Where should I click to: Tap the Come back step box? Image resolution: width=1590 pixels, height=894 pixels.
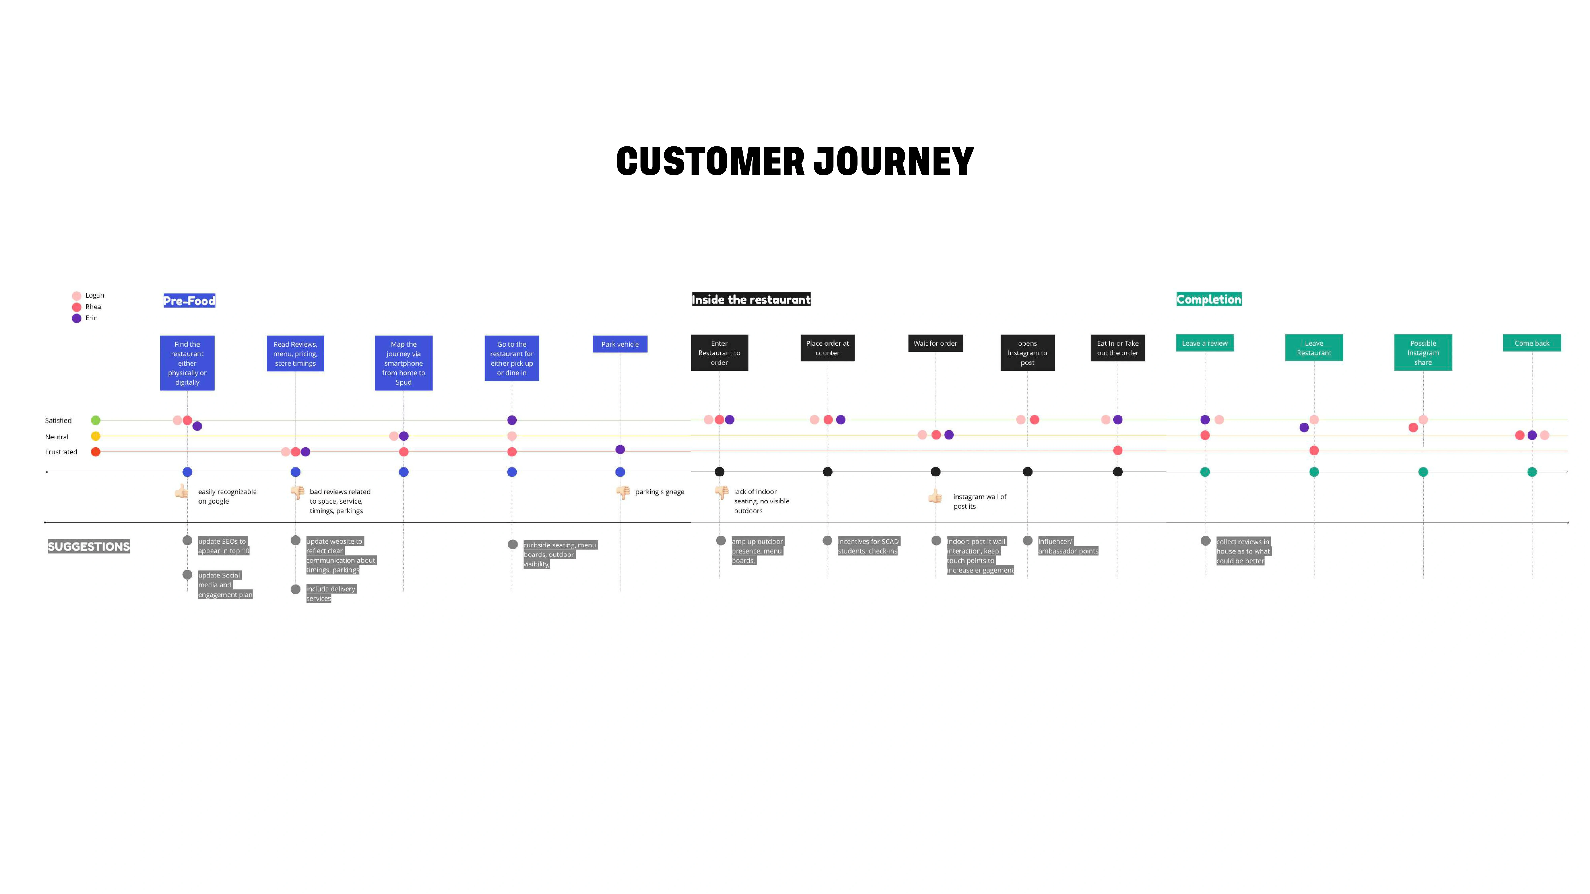(1531, 343)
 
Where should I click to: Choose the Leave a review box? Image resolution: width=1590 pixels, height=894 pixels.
(1204, 343)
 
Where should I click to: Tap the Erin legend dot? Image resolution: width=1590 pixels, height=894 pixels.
(77, 318)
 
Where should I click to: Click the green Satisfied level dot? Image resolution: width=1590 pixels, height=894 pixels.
(96, 420)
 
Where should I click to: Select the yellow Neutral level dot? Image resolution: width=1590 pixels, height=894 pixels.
(96, 436)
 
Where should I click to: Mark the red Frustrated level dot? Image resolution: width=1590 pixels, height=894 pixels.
(96, 452)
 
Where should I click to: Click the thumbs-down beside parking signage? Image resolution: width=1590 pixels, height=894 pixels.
(623, 492)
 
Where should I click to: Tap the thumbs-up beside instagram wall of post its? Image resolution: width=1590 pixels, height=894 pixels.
(935, 497)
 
